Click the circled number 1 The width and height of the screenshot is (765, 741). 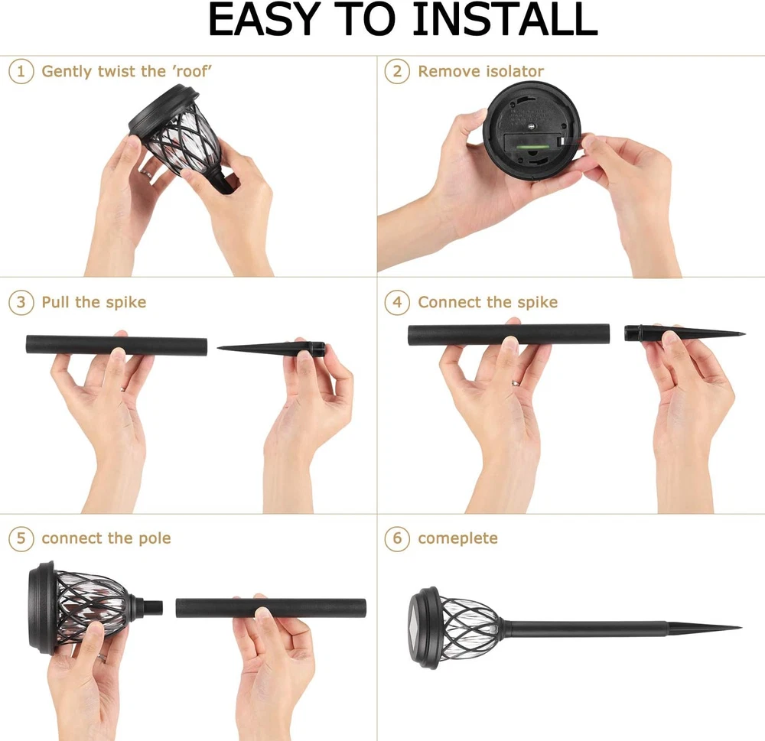tap(21, 71)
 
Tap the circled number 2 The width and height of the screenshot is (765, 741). tap(397, 71)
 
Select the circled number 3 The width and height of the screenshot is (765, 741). tap(21, 302)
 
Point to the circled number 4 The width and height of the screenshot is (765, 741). tap(397, 302)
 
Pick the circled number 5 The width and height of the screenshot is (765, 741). tap(21, 538)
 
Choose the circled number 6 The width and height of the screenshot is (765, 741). tap(397, 538)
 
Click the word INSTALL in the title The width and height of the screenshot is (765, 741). tap(506, 20)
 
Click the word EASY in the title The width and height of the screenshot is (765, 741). tap(264, 20)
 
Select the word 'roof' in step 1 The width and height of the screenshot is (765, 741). tap(193, 71)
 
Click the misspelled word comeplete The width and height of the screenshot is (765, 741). tap(457, 538)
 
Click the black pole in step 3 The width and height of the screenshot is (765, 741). tap(116, 345)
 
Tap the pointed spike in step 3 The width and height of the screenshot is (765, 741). tap(272, 347)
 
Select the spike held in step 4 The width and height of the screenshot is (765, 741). tap(685, 333)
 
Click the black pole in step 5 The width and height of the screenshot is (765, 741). tap(271, 608)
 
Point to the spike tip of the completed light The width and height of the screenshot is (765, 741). tap(741, 627)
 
